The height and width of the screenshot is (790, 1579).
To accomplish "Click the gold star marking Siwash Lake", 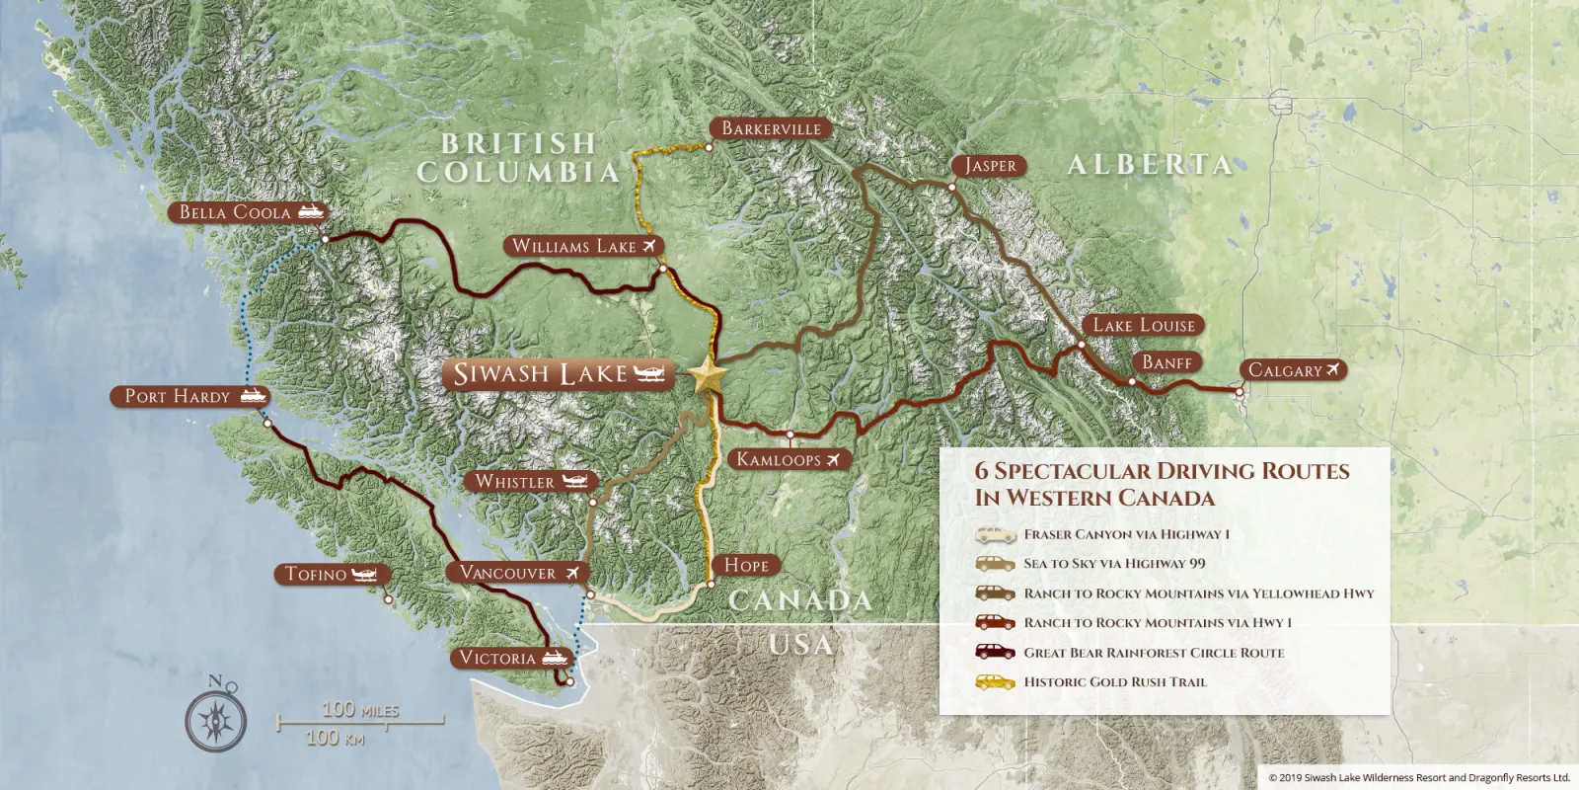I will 709,375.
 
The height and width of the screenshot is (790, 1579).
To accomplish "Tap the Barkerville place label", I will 771,128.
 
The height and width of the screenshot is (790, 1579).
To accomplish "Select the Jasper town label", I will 990,166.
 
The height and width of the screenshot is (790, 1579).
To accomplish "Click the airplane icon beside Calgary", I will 1333,370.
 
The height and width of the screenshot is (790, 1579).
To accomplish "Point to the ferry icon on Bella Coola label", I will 311,212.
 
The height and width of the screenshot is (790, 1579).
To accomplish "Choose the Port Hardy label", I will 178,396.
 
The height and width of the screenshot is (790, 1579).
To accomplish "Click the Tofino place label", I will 316,574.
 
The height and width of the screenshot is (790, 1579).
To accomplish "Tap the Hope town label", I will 746,565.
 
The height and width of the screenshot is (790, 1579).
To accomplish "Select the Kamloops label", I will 779,459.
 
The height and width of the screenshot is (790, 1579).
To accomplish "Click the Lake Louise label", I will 1144,325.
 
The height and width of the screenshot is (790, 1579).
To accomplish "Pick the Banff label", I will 1167,362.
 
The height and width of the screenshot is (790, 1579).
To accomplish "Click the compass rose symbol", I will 216,718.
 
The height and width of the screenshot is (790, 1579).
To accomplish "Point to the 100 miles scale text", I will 360,709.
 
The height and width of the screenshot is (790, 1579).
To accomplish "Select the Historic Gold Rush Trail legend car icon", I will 995,681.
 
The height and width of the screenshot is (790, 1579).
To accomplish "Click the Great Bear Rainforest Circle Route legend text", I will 1154,653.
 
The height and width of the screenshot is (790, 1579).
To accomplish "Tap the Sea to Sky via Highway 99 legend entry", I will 1114,564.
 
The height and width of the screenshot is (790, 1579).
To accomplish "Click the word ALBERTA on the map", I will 1150,165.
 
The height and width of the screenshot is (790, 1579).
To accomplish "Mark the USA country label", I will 800,645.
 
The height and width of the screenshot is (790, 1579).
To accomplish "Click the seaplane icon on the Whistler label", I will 575,481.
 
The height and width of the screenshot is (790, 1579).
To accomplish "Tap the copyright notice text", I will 1418,778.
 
